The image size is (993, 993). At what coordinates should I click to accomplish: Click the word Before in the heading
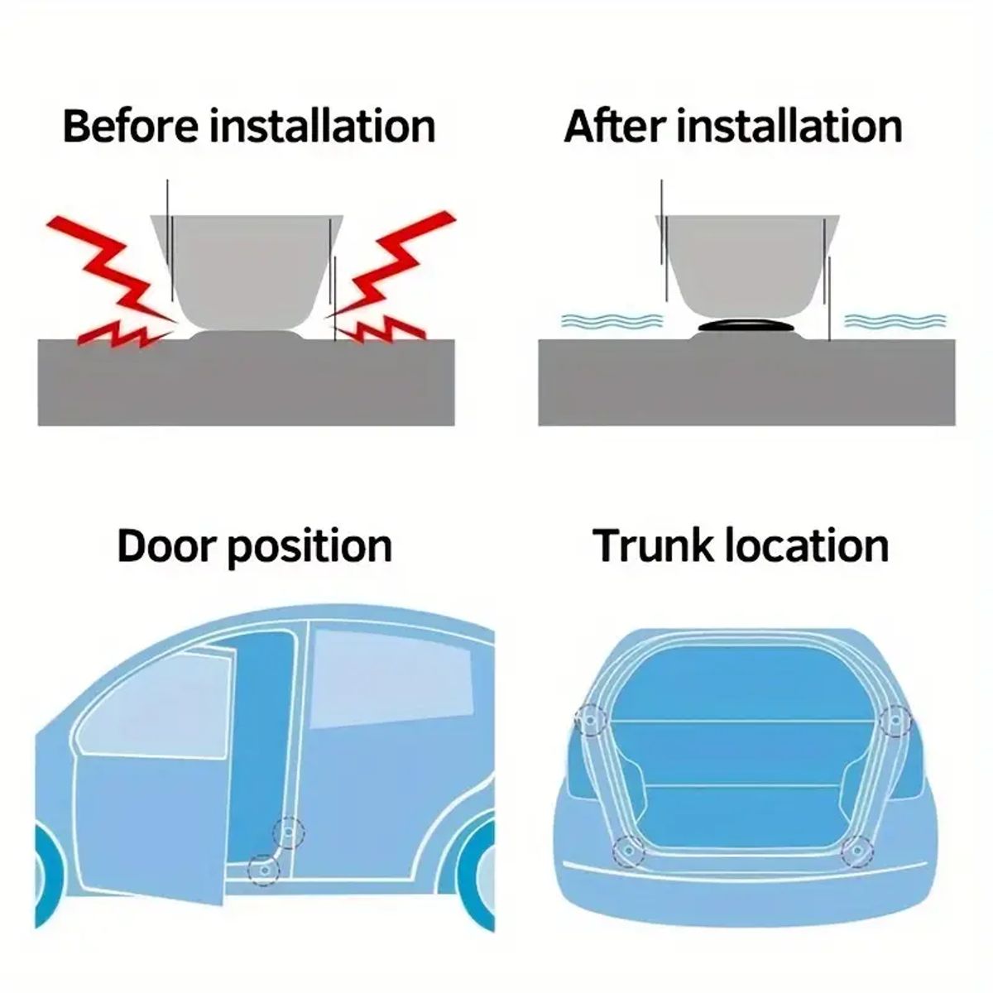coord(131,127)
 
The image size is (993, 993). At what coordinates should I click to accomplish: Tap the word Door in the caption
coord(165,547)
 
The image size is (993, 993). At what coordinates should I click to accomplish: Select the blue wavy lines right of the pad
coord(895,321)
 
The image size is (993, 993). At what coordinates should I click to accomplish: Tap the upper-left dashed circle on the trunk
coord(590,722)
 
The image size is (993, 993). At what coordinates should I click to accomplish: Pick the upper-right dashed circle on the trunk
coord(895,721)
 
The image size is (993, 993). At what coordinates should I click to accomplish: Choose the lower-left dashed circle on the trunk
coord(628,851)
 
